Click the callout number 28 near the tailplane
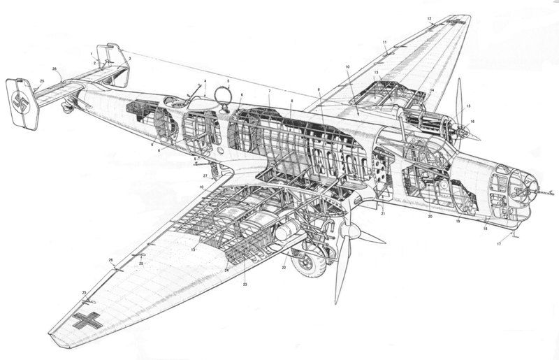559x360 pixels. click(54, 69)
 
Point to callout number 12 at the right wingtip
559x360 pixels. click(429, 17)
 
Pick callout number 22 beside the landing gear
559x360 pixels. click(284, 268)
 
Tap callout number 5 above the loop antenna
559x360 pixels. click(228, 81)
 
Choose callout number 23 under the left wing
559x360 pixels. click(245, 285)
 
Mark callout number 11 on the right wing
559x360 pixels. click(384, 43)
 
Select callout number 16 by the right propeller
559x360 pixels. click(472, 121)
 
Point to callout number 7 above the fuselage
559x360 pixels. click(269, 91)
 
